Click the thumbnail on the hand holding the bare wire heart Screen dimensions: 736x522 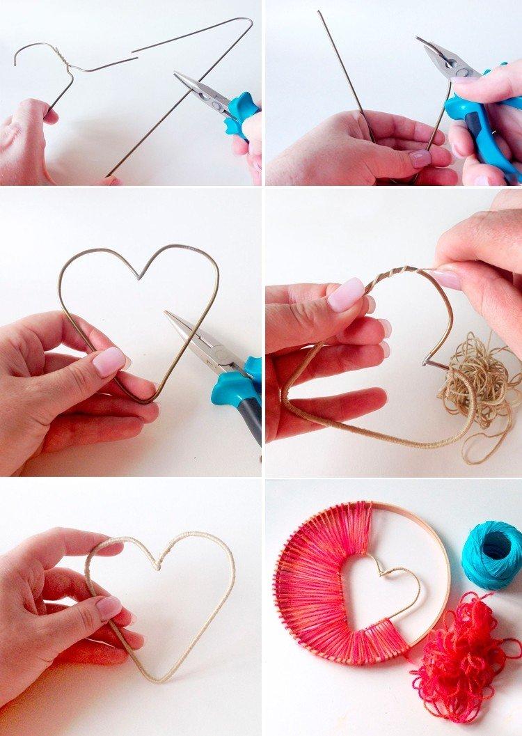(x=109, y=361)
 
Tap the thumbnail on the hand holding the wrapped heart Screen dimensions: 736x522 (x=109, y=607)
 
